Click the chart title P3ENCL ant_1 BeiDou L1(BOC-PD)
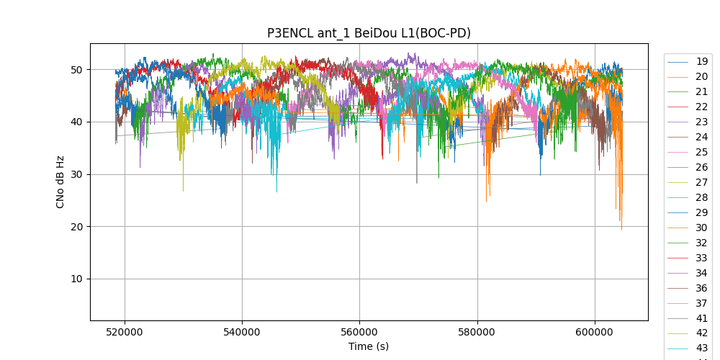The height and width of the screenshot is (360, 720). pyautogui.click(x=369, y=33)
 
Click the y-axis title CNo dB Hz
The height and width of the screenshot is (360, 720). pyautogui.click(x=60, y=181)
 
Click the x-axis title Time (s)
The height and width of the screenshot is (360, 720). pyautogui.click(x=369, y=346)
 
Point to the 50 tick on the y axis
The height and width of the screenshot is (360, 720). pyautogui.click(x=76, y=70)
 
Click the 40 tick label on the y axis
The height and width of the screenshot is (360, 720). pyautogui.click(x=76, y=122)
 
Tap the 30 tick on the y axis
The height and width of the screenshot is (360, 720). pyautogui.click(x=76, y=174)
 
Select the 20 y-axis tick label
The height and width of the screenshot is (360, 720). pyautogui.click(x=76, y=227)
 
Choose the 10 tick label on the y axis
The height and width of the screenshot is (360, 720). pyautogui.click(x=76, y=279)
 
